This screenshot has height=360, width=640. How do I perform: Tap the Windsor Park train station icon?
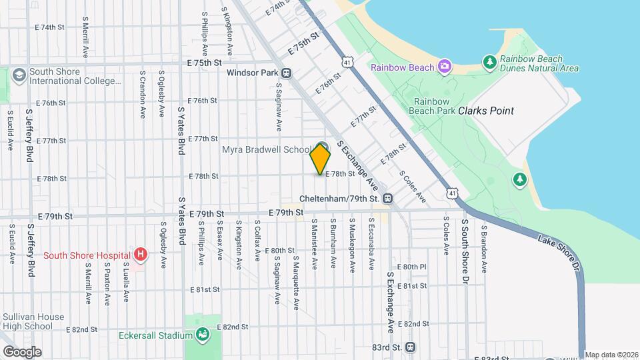(x=286, y=73)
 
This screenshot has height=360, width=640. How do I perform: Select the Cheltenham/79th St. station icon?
(x=388, y=199)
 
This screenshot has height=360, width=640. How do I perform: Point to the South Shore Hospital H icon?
(x=140, y=254)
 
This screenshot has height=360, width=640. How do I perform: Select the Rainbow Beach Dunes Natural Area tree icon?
(x=490, y=63)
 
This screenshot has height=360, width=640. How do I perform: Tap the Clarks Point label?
(x=486, y=111)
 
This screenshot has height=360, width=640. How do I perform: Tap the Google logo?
(x=22, y=351)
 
